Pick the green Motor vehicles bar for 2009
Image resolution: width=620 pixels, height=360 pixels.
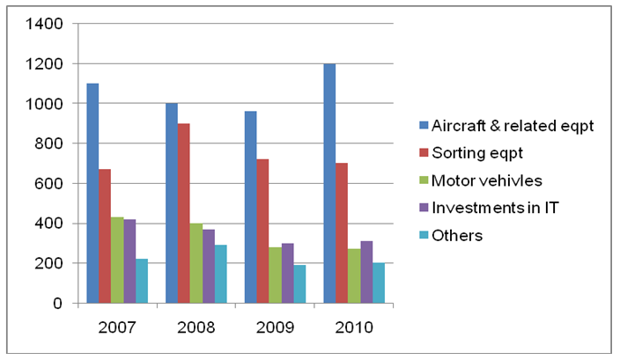[275, 276]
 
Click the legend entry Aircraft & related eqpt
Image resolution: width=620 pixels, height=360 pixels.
[507, 126]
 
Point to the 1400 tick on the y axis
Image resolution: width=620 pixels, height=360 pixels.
[45, 24]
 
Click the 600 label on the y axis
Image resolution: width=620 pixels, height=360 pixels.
[48, 183]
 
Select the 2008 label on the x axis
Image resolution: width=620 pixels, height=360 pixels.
[196, 327]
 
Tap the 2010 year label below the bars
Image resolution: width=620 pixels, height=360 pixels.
[354, 327]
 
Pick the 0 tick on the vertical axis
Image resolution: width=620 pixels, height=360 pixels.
[57, 303]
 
